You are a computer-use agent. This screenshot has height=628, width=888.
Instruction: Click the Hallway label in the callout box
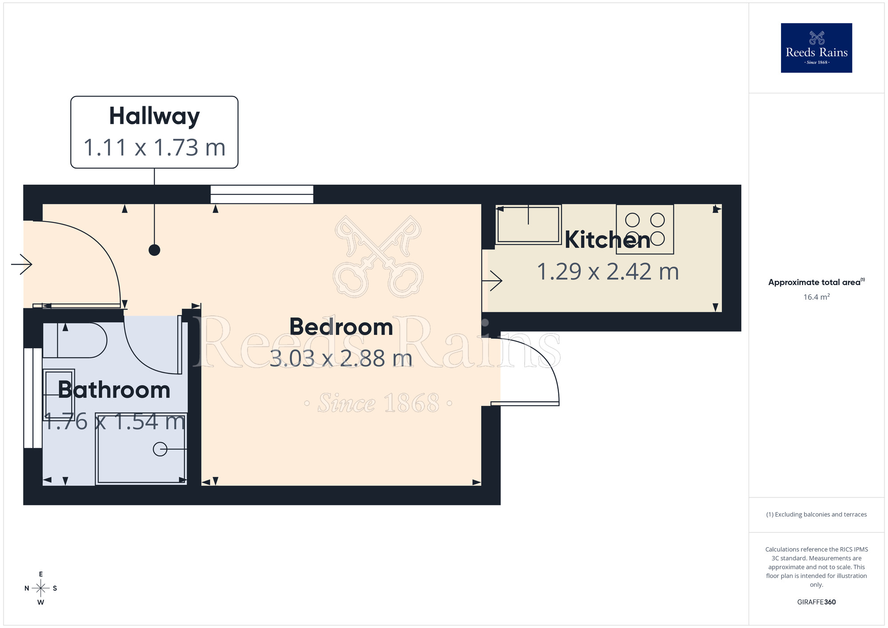point(154,116)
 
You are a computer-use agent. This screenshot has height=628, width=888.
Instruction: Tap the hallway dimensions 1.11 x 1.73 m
point(154,147)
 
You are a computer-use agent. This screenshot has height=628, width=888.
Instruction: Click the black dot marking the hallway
point(154,250)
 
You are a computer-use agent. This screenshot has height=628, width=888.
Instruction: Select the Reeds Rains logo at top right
point(816,48)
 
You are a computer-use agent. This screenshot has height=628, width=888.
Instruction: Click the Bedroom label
point(341,327)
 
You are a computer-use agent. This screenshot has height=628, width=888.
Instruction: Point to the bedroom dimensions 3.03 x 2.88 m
point(341,358)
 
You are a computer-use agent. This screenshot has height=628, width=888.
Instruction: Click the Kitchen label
point(607,240)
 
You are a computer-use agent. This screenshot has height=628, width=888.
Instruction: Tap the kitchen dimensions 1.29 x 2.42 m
point(607,272)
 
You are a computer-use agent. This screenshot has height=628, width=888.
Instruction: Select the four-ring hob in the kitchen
point(645,229)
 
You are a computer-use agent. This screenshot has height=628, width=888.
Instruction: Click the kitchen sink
point(528,225)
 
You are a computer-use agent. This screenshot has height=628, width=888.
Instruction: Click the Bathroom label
point(114,390)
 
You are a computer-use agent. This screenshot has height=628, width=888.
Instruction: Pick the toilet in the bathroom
point(80,341)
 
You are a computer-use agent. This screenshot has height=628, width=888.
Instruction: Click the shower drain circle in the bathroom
point(160,449)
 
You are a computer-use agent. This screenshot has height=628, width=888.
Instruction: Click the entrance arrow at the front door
point(22,265)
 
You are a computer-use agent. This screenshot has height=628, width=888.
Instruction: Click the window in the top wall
point(262,195)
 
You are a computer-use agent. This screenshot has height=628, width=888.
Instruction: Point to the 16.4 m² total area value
point(816,297)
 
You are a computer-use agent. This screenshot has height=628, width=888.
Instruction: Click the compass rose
point(41,588)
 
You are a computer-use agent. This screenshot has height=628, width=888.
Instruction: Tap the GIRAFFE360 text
point(816,602)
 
